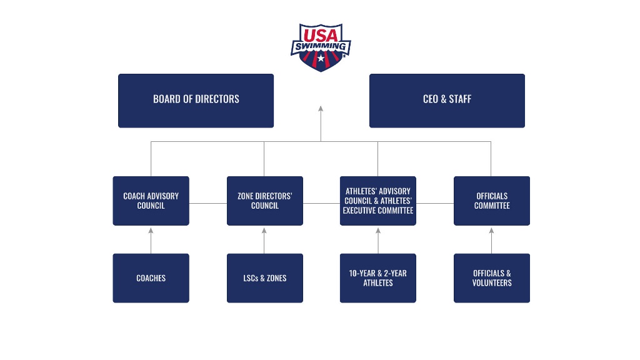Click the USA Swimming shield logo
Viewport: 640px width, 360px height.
click(321, 47)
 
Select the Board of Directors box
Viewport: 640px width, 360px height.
click(196, 101)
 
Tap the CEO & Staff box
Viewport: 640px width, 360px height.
click(447, 101)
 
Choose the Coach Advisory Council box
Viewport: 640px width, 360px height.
click(151, 201)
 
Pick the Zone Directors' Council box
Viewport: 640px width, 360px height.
click(264, 201)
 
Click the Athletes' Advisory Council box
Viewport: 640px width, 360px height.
click(377, 201)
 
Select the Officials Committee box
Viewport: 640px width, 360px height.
click(491, 201)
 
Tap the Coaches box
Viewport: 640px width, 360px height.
click(151, 278)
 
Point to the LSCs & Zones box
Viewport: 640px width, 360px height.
click(264, 278)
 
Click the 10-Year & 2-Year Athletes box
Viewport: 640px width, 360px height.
click(377, 278)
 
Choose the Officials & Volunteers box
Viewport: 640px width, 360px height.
click(491, 278)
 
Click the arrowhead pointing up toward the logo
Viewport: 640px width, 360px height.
click(321, 109)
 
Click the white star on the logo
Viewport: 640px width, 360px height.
click(321, 59)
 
